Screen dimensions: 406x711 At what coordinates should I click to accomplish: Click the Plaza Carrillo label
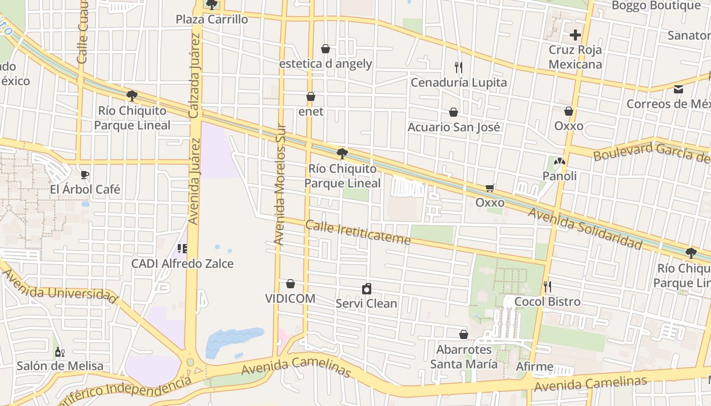click(x=212, y=19)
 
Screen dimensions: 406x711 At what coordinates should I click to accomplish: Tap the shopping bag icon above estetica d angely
click(x=326, y=49)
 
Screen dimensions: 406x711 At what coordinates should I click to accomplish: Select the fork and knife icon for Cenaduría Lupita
click(x=458, y=67)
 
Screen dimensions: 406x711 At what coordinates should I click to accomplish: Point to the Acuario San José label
click(x=454, y=127)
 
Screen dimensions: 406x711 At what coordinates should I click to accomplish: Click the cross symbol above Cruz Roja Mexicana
click(x=575, y=35)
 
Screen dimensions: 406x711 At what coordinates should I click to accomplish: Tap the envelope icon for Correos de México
click(x=678, y=89)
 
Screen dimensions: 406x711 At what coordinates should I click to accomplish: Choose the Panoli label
click(x=560, y=176)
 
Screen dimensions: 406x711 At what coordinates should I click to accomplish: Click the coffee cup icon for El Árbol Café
click(x=85, y=175)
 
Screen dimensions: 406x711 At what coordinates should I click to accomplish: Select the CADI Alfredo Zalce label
click(x=182, y=264)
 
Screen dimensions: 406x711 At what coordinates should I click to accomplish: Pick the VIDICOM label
click(x=290, y=298)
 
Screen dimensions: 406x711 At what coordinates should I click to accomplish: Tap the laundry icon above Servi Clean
click(x=367, y=289)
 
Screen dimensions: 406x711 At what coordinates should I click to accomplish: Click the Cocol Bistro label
click(x=547, y=301)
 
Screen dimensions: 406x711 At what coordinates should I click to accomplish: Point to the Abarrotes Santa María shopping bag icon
click(x=464, y=334)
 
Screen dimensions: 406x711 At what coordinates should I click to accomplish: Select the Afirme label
click(x=535, y=366)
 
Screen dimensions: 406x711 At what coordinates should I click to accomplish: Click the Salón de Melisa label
click(x=60, y=366)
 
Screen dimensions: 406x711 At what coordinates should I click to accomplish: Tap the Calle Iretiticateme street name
click(x=358, y=232)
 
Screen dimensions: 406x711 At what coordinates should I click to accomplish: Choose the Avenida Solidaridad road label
click(x=585, y=228)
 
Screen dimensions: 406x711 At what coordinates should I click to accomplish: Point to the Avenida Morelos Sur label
click(x=280, y=185)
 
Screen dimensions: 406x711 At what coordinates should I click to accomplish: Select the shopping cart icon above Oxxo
click(x=490, y=188)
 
